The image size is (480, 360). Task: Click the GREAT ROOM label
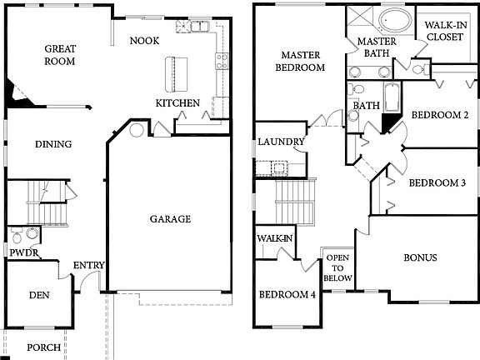click(60, 55)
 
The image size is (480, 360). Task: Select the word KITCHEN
click(177, 102)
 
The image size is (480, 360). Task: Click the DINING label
click(52, 144)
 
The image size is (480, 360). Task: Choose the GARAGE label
click(170, 219)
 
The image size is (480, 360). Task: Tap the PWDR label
click(22, 252)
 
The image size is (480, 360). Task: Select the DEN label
click(38, 294)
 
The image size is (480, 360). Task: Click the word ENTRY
click(89, 266)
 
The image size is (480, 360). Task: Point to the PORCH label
click(43, 347)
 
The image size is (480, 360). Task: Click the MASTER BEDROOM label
click(301, 61)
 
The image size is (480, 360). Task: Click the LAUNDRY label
click(281, 142)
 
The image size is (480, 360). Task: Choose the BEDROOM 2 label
click(439, 115)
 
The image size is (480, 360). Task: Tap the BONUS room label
click(420, 257)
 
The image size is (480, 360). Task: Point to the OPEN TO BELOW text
click(338, 267)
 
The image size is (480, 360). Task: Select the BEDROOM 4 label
click(287, 294)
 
